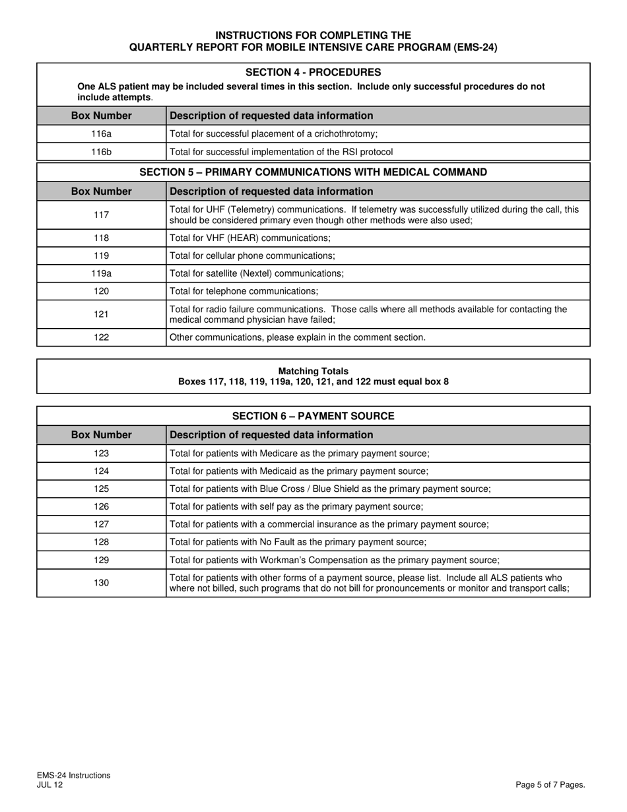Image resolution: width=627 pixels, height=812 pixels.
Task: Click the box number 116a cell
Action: point(101,134)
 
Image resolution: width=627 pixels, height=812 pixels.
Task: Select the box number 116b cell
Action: point(101,152)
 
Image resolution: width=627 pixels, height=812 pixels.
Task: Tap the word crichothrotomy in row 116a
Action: point(345,134)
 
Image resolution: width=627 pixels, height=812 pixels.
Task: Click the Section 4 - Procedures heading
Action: point(313,72)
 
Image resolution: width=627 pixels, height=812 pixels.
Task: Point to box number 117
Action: point(101,215)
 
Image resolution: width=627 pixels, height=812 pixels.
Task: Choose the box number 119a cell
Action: point(101,273)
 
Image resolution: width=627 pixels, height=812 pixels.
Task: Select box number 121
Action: point(101,314)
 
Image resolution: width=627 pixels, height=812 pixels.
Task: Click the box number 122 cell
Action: point(101,337)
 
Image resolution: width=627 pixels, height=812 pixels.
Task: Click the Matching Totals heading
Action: point(313,371)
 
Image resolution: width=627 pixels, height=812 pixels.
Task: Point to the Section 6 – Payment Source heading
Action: point(313,416)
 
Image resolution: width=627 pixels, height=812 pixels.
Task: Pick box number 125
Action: point(101,489)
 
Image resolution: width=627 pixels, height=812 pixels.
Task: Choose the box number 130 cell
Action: point(101,583)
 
